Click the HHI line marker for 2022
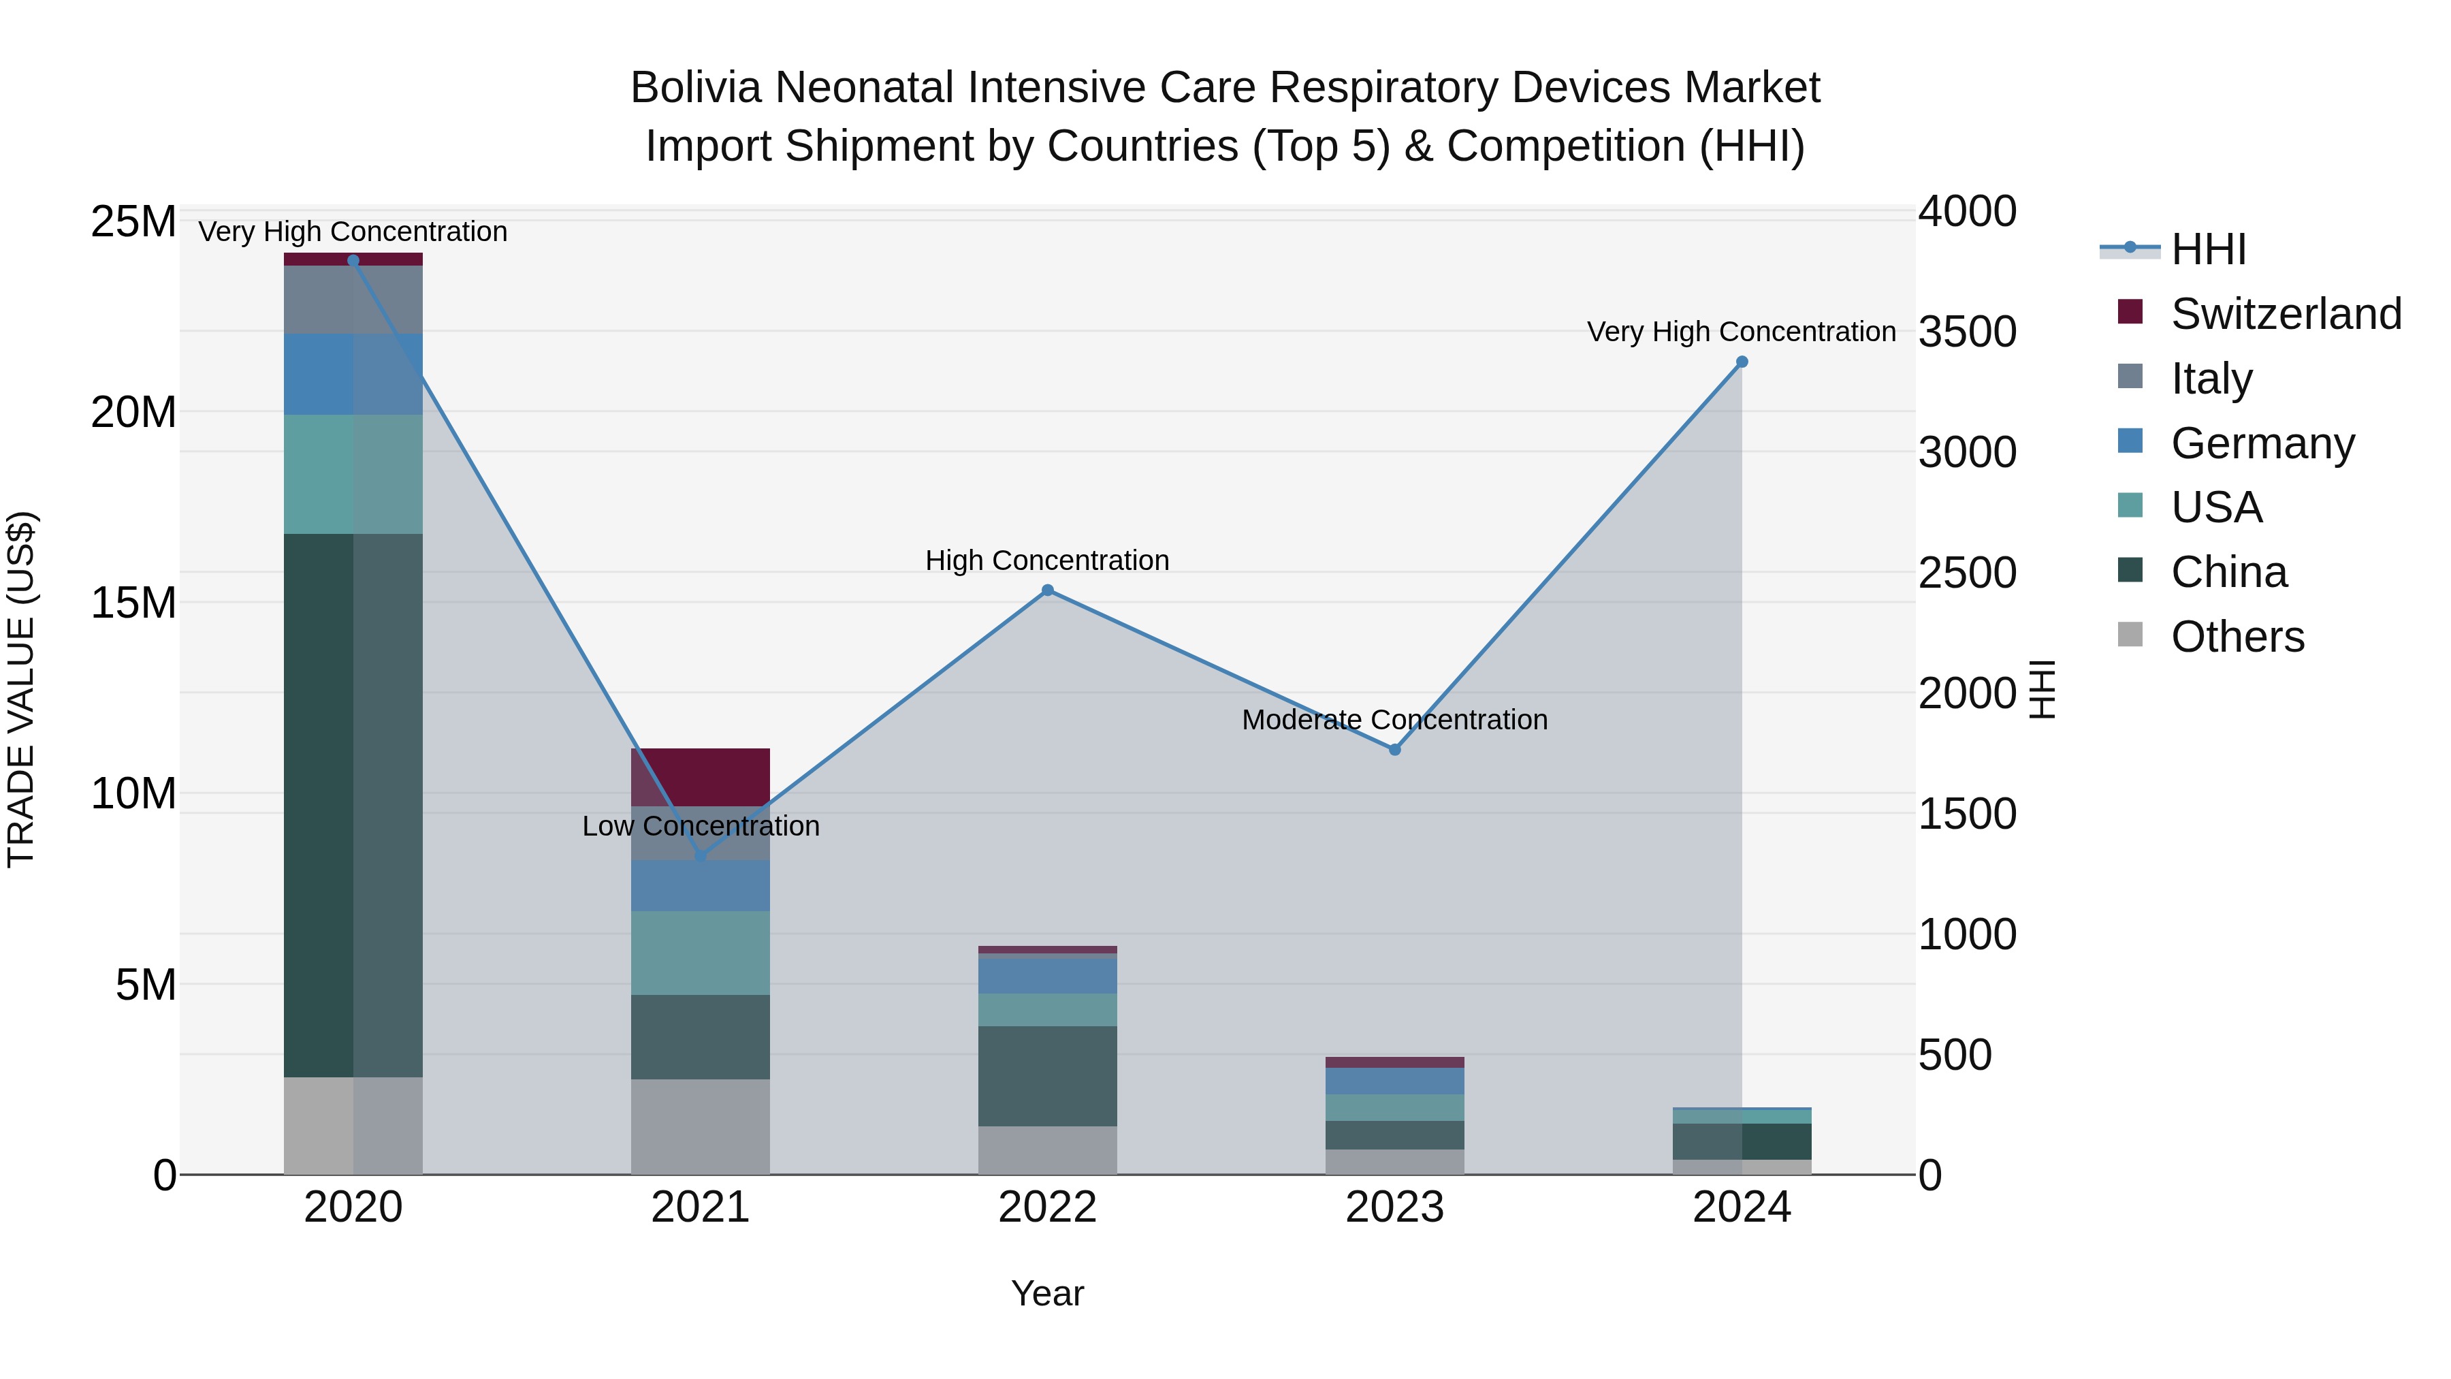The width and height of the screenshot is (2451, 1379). pyautogui.click(x=1048, y=590)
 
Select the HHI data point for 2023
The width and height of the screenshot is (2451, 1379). pyautogui.click(x=1395, y=750)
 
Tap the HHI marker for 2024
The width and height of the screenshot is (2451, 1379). pyautogui.click(x=1742, y=362)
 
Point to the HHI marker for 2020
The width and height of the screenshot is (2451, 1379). pyautogui.click(x=353, y=261)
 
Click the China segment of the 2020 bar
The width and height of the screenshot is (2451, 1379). pyautogui.click(x=353, y=805)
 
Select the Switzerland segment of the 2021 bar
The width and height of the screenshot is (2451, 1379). pyautogui.click(x=701, y=778)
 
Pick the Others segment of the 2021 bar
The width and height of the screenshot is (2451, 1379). pyautogui.click(x=701, y=1127)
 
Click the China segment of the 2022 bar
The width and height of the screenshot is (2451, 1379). pyautogui.click(x=1048, y=1077)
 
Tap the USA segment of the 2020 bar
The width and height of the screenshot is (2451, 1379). pyautogui.click(x=353, y=474)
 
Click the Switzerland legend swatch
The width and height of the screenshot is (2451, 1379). pyautogui.click(x=2130, y=312)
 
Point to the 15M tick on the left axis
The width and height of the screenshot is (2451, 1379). pyautogui.click(x=133, y=603)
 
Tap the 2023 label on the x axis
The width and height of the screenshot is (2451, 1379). pyautogui.click(x=1395, y=1207)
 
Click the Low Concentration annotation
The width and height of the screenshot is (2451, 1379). pyautogui.click(x=701, y=826)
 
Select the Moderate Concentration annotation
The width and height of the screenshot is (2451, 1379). pyautogui.click(x=1395, y=720)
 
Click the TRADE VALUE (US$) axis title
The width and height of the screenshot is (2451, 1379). pyautogui.click(x=22, y=689)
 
